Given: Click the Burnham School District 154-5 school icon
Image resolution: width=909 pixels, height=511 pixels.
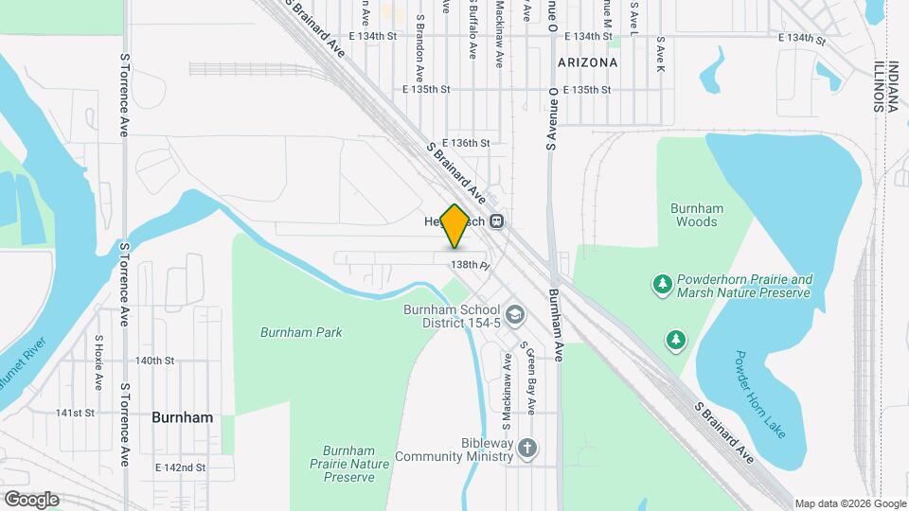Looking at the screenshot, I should point(515,314).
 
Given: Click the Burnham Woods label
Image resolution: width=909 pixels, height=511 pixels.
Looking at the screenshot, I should point(697,215).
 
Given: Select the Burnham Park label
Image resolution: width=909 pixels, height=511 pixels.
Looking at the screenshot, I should point(301,332).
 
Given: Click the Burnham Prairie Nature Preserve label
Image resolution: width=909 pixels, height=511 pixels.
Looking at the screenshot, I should point(348,465).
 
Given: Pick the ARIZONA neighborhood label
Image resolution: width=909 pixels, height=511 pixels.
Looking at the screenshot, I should point(587,62).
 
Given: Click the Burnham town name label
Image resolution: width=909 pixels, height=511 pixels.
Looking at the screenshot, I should point(182,416).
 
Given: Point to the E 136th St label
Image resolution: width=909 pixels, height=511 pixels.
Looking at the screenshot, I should point(466,143).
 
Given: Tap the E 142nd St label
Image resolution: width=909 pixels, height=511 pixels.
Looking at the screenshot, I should point(180,467).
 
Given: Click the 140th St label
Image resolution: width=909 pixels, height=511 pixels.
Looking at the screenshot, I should point(154,361).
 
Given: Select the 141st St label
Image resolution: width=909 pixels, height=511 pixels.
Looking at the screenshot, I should point(75,413).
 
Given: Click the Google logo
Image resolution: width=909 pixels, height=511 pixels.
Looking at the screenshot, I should point(30,499).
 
